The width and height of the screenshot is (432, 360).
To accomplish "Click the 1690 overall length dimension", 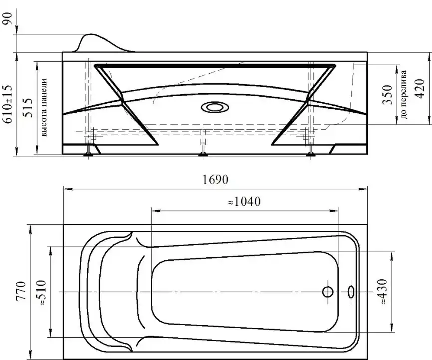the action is (x=216, y=180).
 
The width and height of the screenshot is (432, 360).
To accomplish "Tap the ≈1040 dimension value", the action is (x=244, y=202).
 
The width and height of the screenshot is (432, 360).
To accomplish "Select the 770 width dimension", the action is (x=21, y=291).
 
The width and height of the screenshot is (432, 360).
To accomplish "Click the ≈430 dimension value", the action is (x=383, y=292).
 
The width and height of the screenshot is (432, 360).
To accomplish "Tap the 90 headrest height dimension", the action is (x=7, y=18).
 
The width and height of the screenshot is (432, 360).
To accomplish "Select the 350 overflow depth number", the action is (x=387, y=95).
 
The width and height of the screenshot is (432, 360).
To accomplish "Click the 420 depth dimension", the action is (x=420, y=88).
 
